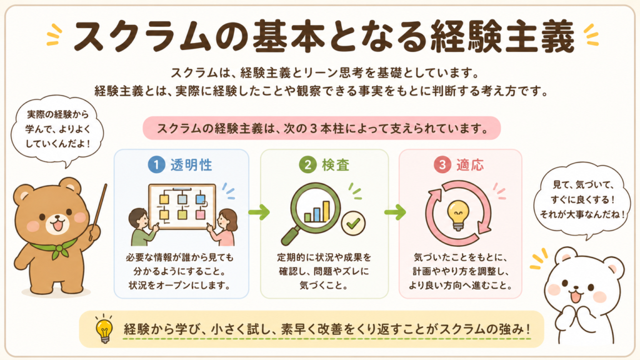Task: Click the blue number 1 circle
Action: click(156, 164)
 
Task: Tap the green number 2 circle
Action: click(307, 164)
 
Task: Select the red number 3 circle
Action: click(442, 164)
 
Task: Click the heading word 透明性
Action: click(191, 165)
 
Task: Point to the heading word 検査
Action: click(336, 165)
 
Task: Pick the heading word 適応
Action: click(470, 165)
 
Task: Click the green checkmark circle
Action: click(354, 223)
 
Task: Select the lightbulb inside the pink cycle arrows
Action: click(458, 215)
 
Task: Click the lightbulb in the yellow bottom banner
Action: click(104, 329)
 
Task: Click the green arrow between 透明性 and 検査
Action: click(259, 212)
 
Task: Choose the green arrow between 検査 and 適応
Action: click(395, 212)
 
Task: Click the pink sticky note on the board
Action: click(200, 215)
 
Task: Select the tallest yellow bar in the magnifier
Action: click(326, 211)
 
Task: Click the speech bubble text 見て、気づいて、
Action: click(583, 185)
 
